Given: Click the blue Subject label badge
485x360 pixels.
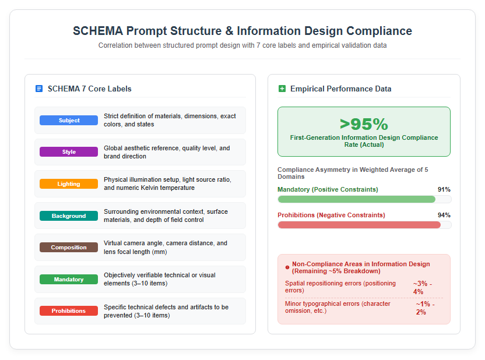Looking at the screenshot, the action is tap(69, 120).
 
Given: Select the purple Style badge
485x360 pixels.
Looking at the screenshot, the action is tap(69, 151).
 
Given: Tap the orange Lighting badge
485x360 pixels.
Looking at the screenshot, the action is tap(69, 184).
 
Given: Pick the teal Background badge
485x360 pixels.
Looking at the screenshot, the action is tap(69, 216).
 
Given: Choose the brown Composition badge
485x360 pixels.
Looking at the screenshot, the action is tap(69, 247).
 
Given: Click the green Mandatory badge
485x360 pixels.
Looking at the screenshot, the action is tap(69, 280).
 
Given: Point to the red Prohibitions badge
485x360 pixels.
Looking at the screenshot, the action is tap(69, 311).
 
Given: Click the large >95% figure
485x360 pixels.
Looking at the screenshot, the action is tap(364, 124).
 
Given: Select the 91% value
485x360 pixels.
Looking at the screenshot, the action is tap(444, 189).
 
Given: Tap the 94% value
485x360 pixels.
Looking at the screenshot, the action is tap(444, 215).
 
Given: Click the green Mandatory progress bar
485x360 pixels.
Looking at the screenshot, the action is tap(357, 199).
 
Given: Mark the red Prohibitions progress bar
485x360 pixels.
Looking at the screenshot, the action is tap(359, 225).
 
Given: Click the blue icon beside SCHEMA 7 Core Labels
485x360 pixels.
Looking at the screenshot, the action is tap(39, 89).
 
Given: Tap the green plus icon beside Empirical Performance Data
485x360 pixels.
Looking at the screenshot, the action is tap(282, 89).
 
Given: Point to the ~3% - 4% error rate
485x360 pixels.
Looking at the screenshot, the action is tap(423, 287).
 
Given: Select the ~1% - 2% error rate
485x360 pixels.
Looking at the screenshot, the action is tap(425, 308).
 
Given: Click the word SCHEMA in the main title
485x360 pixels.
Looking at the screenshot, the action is tap(98, 31).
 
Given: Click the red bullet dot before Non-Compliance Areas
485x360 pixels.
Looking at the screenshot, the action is tap(287, 267).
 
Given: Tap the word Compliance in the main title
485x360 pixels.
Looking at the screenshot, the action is tap(379, 31).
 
